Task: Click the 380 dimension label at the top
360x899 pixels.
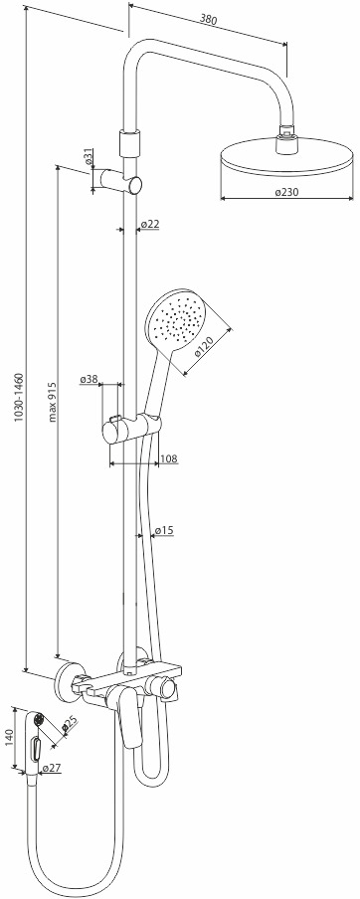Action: [x=208, y=19]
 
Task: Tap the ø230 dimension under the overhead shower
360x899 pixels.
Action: [x=286, y=193]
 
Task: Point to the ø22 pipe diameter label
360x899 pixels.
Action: [x=149, y=224]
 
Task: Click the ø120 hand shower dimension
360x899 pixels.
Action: [x=204, y=346]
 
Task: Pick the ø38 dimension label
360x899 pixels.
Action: [x=90, y=379]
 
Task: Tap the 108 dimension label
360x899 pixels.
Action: [x=169, y=458]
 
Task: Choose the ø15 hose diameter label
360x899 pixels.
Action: [x=164, y=531]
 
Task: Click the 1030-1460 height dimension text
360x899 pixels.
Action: [x=18, y=398]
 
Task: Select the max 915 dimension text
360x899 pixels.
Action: [x=52, y=402]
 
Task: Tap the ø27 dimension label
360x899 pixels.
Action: [x=52, y=768]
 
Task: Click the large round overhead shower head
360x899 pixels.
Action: [x=286, y=156]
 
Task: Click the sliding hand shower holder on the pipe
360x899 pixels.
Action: [x=132, y=429]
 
